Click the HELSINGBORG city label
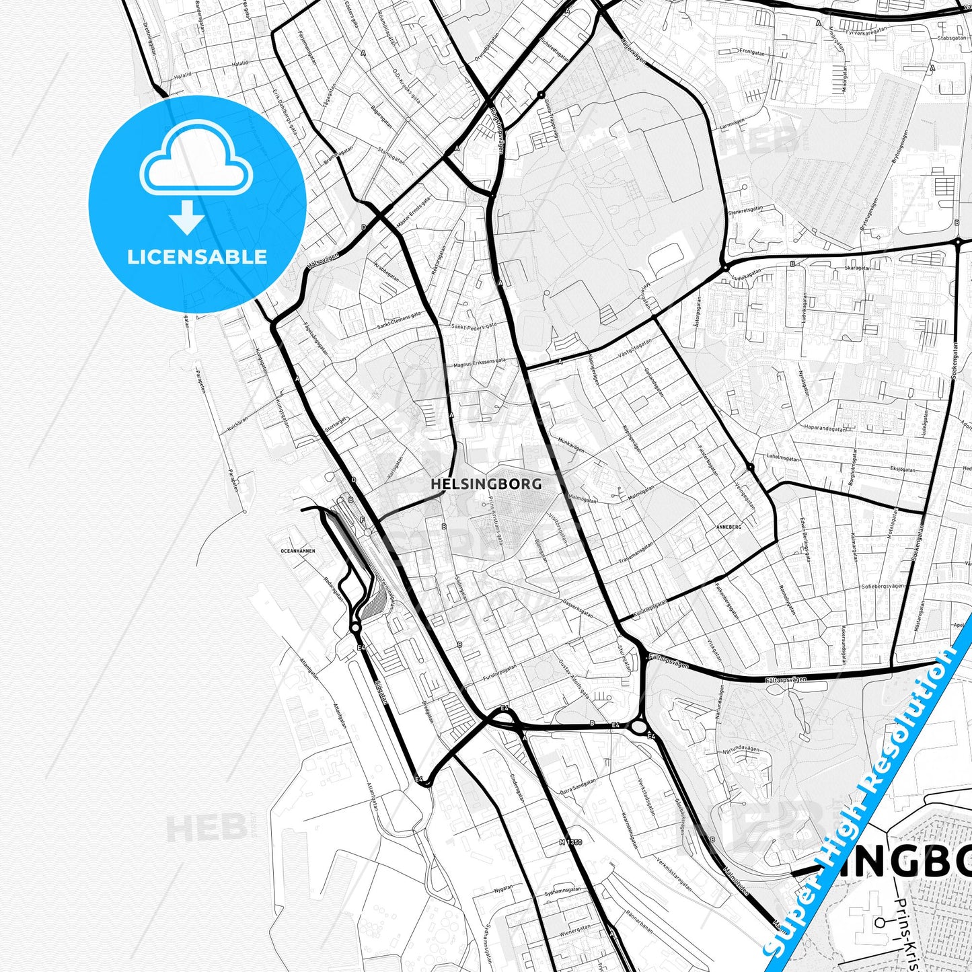tap(486, 483)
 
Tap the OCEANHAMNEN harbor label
tap(297, 551)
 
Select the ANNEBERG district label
tap(728, 527)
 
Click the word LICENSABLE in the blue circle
tap(197, 257)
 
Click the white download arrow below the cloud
tap(187, 217)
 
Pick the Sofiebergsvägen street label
tap(883, 586)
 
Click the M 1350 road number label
tap(570, 842)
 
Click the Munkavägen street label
tap(571, 445)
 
